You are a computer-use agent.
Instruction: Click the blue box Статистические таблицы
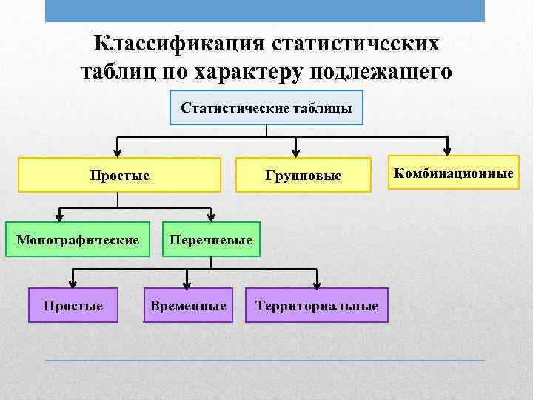point(266,108)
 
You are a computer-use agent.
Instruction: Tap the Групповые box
point(304,176)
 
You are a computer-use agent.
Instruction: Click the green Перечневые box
point(211,239)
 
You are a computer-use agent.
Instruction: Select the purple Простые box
point(73,305)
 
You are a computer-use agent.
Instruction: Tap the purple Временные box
point(188,305)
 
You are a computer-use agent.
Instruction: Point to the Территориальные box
point(317,305)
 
